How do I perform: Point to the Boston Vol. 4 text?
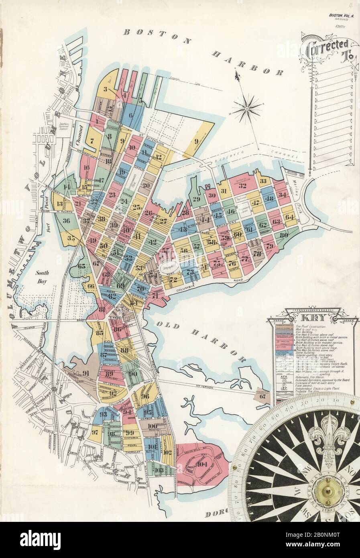click(x=340, y=15)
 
